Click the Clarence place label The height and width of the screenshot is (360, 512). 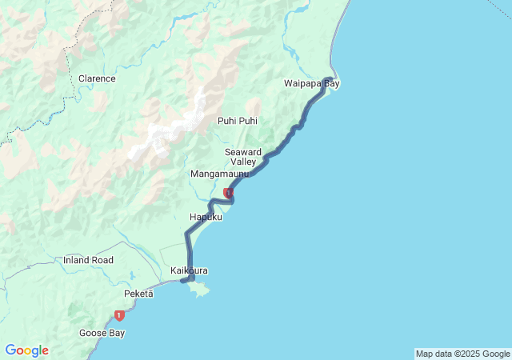coord(97,78)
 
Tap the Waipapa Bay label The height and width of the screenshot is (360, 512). coord(311,83)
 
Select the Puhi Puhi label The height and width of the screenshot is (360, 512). coord(238,121)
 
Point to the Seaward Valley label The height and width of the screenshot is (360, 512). coord(243,156)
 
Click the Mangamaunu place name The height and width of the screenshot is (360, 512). coord(219,174)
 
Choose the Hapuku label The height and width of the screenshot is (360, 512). coord(206,217)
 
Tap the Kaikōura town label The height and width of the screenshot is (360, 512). coord(189,270)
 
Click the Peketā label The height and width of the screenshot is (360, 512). coord(138,294)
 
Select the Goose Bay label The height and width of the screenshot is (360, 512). coord(100,332)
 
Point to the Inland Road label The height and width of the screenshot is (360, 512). coord(88,260)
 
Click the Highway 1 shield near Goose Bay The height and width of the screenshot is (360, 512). coord(119,315)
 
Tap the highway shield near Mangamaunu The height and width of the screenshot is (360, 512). coord(229,193)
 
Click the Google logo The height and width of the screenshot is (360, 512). coord(26,350)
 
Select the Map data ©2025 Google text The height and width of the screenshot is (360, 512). coord(462,354)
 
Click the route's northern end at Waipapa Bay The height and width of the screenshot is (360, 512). coord(330,78)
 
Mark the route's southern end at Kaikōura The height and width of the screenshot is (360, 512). coord(182,281)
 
